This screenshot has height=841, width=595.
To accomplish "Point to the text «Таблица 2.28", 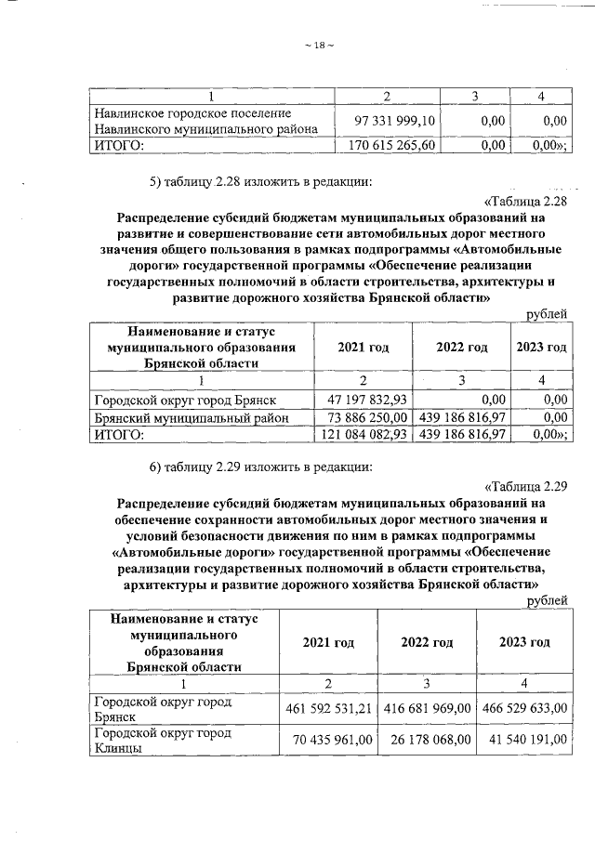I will click(526, 203).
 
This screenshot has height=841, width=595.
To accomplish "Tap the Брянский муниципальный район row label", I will click(192, 417).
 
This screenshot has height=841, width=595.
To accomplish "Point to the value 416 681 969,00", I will click(429, 709).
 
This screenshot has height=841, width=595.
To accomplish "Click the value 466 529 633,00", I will click(524, 709).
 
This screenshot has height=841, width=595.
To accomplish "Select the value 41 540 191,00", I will click(525, 741).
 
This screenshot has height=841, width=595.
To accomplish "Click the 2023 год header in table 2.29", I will click(523, 642).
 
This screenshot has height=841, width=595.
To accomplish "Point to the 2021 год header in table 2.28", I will click(364, 347).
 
